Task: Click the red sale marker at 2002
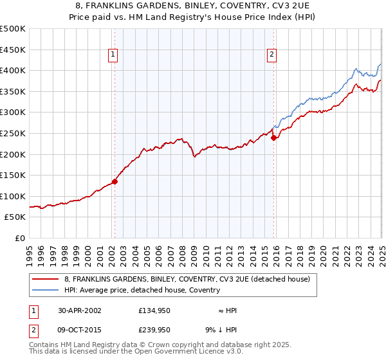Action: tap(115, 181)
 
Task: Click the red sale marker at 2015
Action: tap(273, 137)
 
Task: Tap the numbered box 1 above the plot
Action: tap(113, 55)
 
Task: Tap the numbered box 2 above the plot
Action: tap(272, 55)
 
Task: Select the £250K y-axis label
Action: tap(13, 133)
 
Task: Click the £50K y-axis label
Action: tap(15, 217)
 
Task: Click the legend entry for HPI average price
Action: tap(142, 290)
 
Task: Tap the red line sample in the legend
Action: tap(46, 279)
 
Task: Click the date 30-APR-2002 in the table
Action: tap(80, 310)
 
